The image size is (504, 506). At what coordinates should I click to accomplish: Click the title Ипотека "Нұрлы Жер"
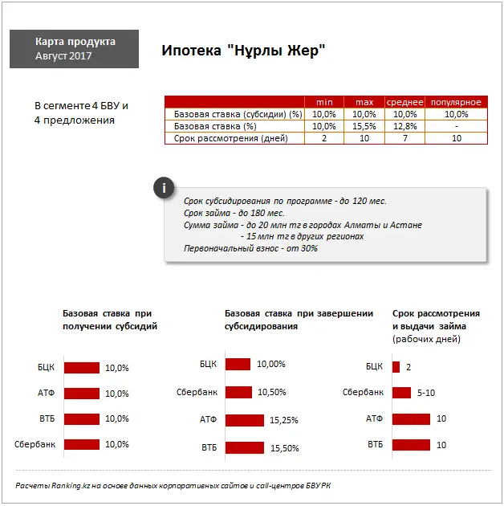242,50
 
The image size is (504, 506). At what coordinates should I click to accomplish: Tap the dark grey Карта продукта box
75,49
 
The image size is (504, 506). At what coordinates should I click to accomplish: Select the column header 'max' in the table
364,102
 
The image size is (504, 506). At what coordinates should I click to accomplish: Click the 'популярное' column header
455,102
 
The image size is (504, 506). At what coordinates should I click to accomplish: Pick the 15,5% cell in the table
364,126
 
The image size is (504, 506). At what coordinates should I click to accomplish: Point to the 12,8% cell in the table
405,126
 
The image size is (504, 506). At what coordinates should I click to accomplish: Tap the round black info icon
164,190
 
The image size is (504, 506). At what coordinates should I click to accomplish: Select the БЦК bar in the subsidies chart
81,368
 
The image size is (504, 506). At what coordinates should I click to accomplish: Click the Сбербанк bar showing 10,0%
81,444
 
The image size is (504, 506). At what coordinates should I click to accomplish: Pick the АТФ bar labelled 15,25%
245,420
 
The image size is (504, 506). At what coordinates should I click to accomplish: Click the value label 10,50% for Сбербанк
271,392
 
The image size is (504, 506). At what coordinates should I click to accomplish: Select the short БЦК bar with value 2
396,367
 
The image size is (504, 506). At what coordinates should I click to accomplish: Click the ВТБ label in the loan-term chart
375,444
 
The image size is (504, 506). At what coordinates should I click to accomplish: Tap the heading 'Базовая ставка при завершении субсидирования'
299,320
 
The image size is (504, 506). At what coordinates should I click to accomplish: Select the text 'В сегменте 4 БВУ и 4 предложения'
81,113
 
